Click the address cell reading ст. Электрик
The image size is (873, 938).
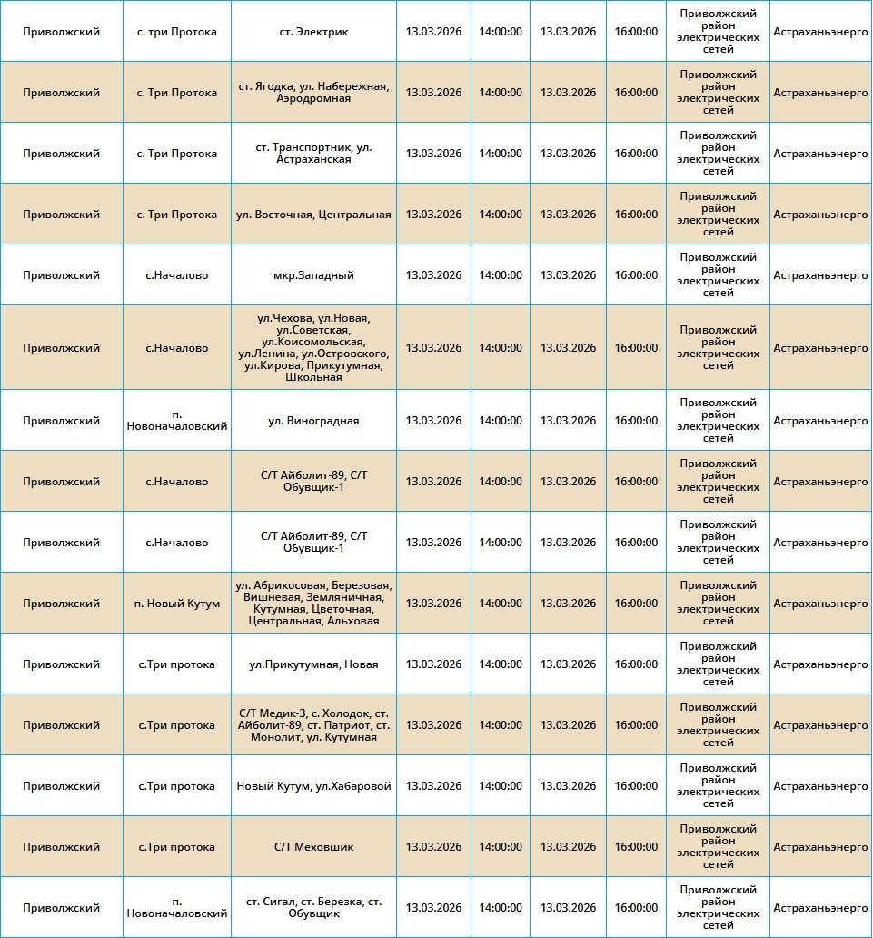(x=313, y=32)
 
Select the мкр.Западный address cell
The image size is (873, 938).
(x=313, y=275)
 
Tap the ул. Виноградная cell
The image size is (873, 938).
(x=313, y=421)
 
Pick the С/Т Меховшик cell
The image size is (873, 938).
(x=313, y=847)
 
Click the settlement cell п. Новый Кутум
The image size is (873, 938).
(x=177, y=604)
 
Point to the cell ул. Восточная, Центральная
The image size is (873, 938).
(x=313, y=215)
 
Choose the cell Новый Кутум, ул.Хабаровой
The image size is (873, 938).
(x=313, y=786)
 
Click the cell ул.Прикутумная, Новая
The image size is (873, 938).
(x=313, y=664)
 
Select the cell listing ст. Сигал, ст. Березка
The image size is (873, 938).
(x=313, y=908)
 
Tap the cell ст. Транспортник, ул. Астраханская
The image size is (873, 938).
(x=313, y=154)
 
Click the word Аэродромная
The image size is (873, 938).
(x=313, y=98)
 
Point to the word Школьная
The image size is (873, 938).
(x=313, y=377)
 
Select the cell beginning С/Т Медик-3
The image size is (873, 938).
(x=313, y=725)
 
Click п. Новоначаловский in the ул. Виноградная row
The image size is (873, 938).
(x=177, y=421)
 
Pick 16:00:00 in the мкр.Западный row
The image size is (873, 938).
(x=636, y=275)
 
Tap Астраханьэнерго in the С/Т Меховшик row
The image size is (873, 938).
(x=820, y=847)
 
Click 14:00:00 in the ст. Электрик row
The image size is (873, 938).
(x=501, y=32)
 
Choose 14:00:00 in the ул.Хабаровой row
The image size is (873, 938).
(x=501, y=786)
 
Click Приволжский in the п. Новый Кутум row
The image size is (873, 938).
(x=62, y=604)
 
